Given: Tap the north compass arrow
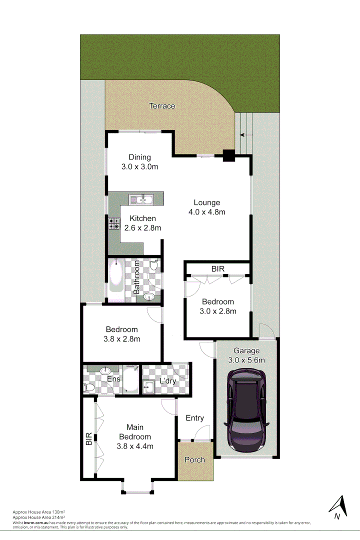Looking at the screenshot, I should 338,505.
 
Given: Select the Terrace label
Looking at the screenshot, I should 162,106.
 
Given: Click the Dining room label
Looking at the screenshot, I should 139,157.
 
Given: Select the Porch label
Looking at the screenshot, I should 195,459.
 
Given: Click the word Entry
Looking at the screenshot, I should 194,418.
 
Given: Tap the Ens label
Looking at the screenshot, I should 113,379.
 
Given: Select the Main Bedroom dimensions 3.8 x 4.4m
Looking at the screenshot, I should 135,446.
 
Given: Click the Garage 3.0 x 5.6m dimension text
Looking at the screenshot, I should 246,360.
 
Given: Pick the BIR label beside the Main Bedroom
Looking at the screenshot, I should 89,439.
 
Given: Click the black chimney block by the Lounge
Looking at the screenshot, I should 228,156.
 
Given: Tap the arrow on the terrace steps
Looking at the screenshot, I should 242,134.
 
